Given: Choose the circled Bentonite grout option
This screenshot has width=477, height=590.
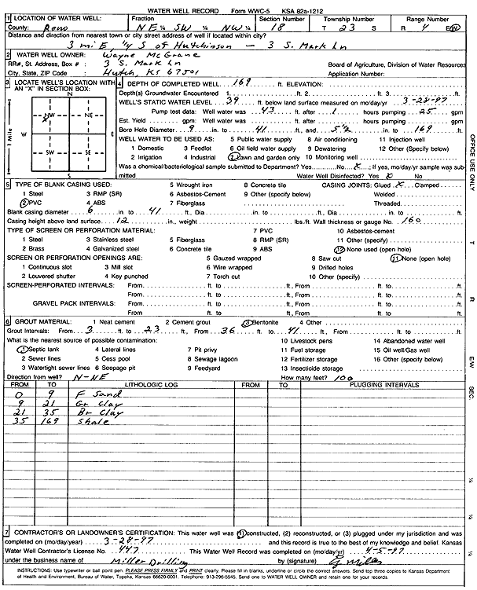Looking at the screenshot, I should click(268, 322).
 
